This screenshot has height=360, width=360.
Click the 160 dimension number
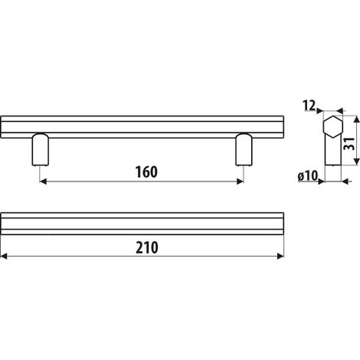point(146,172)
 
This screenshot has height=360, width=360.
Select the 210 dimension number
point(147,247)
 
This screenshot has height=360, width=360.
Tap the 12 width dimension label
point(309,106)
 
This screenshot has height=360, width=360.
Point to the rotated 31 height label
point(349,144)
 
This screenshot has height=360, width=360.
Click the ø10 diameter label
point(307,176)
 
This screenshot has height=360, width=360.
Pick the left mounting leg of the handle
point(41,149)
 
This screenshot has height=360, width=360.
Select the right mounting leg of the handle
point(244,149)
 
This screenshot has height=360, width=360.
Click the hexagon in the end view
point(333,127)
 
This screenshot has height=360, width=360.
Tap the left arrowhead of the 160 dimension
point(44,182)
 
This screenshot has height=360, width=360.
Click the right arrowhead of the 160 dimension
point(240,182)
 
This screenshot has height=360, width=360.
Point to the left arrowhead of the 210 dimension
point(4,256)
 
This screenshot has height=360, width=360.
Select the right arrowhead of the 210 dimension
point(280,256)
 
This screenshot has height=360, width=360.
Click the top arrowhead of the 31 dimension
point(356,119)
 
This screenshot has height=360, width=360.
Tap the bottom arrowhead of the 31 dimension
point(356,162)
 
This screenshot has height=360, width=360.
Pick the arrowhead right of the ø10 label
point(321,182)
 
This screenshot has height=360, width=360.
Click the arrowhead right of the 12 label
point(319,111)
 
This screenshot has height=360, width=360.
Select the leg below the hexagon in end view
point(333,151)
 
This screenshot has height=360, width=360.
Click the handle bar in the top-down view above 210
point(142,224)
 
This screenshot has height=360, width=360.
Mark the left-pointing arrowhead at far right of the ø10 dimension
point(345,182)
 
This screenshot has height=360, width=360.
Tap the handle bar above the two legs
point(142,127)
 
